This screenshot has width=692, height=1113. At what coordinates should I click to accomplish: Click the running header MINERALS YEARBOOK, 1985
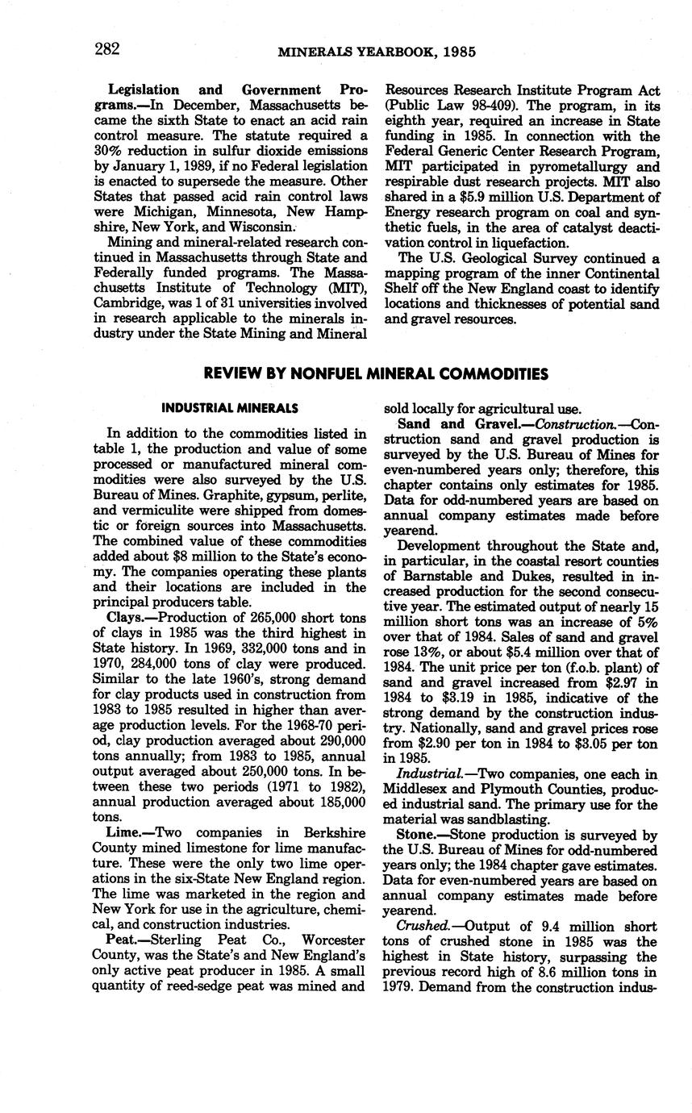click(377, 52)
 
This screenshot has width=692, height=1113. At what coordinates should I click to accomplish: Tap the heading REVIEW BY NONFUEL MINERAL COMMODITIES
click(376, 373)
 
